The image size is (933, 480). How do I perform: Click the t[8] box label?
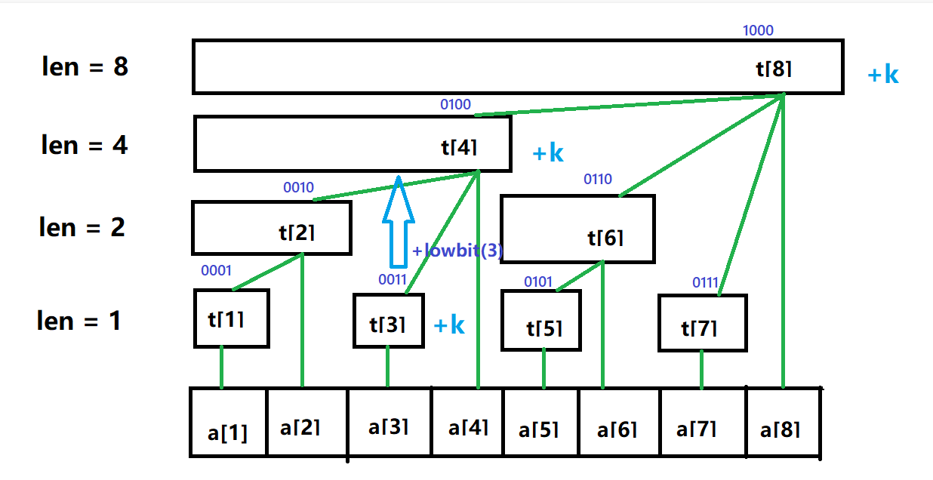[x=774, y=69]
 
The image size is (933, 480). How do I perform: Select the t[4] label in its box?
[x=460, y=146]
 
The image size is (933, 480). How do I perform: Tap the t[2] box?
[x=271, y=227]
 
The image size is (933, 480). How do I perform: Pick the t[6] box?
[x=577, y=229]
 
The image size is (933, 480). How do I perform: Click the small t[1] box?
[x=231, y=318]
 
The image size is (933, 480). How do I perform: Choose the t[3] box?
[x=387, y=320]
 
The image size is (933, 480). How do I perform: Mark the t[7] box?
[x=702, y=323]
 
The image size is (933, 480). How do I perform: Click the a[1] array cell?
[x=228, y=423]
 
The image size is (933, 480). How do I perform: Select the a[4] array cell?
[x=468, y=423]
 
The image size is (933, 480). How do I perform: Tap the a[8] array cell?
[x=781, y=423]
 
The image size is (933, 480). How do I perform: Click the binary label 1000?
[x=758, y=31]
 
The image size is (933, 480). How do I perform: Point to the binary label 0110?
[x=597, y=180]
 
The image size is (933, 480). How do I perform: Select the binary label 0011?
[x=393, y=280]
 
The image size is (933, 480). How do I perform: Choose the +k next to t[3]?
[x=449, y=326]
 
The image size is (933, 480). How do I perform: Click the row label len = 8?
[x=85, y=67]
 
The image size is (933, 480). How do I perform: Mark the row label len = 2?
[x=82, y=226]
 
